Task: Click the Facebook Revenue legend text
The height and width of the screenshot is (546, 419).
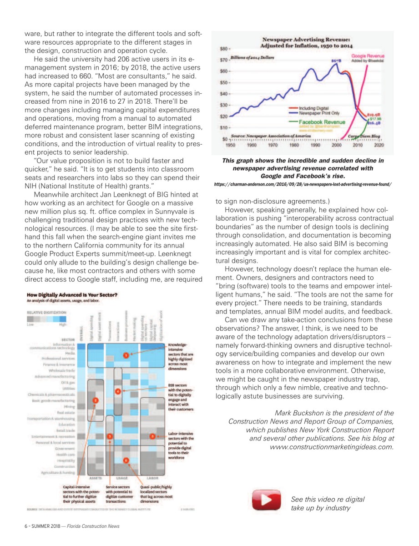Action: pyautogui.click(x=322, y=122)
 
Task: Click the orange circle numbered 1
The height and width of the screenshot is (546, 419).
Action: pyautogui.click(x=126, y=355)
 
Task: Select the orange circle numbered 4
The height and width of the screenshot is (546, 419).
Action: pyautogui.click(x=118, y=391)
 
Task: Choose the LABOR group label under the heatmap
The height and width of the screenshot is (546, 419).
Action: pyautogui.click(x=153, y=478)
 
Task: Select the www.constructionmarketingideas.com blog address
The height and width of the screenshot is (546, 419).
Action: pyautogui.click(x=332, y=447)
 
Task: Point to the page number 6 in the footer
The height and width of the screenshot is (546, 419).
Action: pyautogui.click(x=26, y=526)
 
